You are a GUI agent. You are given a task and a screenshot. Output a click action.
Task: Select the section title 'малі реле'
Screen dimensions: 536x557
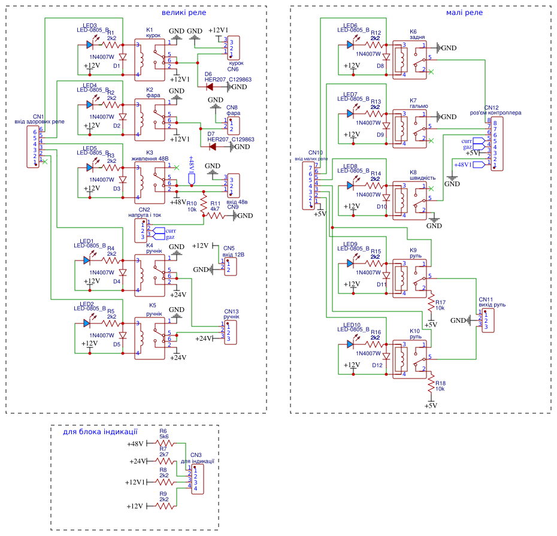point(465,13)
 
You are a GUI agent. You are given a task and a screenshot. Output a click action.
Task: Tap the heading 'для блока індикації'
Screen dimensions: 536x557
point(101,431)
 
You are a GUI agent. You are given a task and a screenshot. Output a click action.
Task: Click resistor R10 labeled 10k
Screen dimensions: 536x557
point(204,200)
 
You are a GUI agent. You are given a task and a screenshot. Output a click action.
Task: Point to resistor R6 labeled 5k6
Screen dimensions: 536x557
point(164,444)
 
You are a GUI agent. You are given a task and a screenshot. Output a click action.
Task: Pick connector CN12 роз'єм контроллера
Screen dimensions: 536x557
point(497,144)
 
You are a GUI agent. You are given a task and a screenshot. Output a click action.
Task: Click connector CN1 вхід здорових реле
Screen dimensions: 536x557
point(37,147)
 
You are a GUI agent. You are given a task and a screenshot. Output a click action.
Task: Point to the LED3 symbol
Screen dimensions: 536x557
point(90,44)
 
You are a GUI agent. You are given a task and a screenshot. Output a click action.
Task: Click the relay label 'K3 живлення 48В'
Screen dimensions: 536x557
point(150,156)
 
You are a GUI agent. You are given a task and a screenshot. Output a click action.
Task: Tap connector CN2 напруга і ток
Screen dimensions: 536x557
point(143,230)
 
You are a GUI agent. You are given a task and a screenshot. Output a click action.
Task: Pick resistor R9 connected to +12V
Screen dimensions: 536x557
point(164,505)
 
